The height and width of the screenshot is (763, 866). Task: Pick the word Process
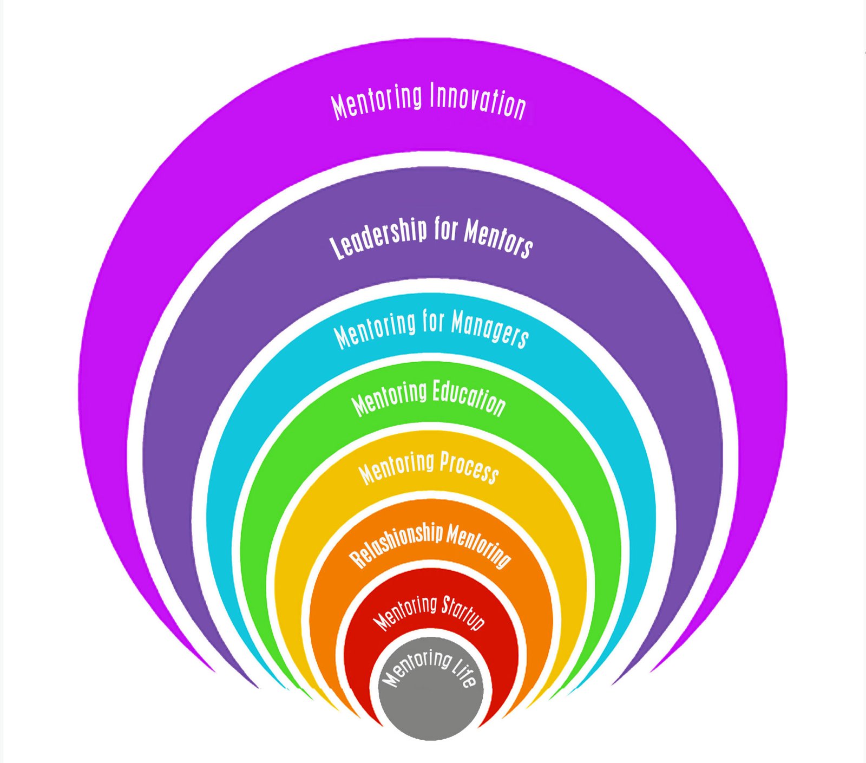tap(469, 467)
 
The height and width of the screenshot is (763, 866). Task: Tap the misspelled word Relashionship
tap(396, 545)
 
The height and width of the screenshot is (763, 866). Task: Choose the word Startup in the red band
tap(463, 612)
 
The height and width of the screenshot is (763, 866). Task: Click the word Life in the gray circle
tap(463, 674)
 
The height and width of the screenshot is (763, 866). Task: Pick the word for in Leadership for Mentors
tap(445, 230)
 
